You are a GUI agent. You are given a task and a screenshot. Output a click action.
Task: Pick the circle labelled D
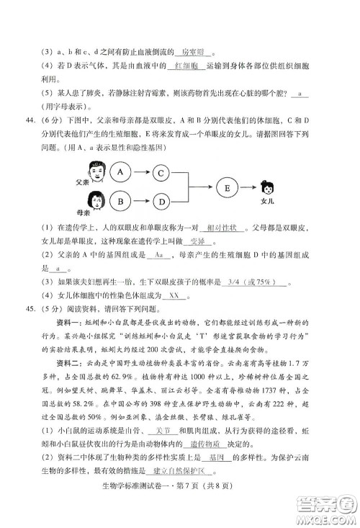tap(163, 200)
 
